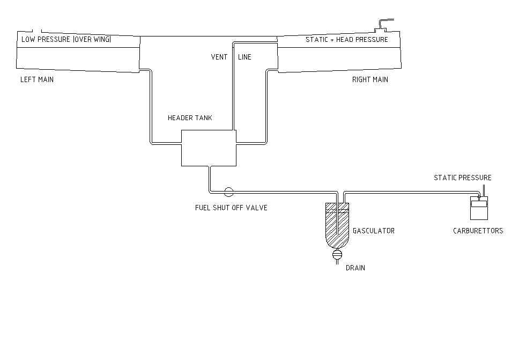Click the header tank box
pos(209,148)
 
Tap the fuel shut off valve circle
pos(228,191)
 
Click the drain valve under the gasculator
pos(337,255)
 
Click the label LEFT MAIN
pos(37,79)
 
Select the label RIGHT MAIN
pos(370,79)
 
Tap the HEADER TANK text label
pos(190,118)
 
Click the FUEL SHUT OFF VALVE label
pos(231,208)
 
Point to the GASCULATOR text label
pos(373,231)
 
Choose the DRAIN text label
pos(355,267)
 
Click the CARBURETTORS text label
pos(478,231)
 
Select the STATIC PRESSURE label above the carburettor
pos(462,178)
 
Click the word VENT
pos(219,57)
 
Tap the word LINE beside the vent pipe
pos(244,57)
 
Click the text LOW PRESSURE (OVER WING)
pos(66,40)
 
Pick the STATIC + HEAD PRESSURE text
pos(346,40)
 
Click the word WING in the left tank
pos(100,40)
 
